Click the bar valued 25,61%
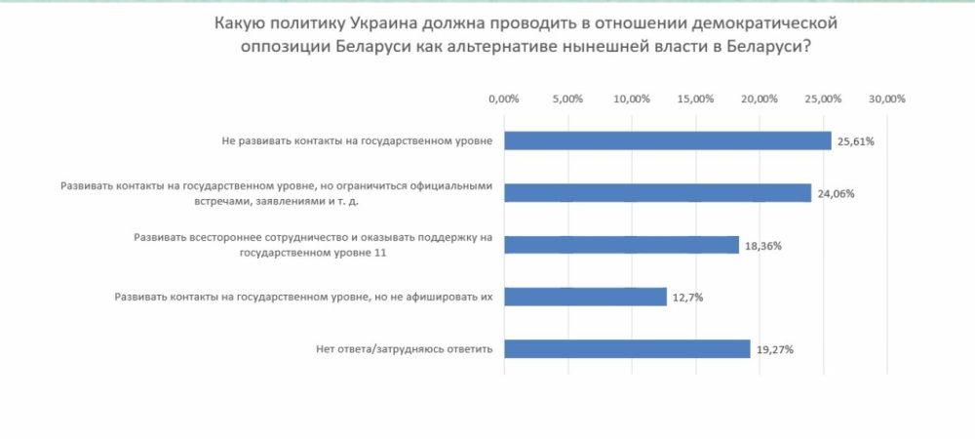[x=667, y=140]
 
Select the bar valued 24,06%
[x=657, y=192]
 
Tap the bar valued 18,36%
[x=621, y=245]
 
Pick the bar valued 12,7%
[x=585, y=297]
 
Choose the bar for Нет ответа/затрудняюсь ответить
[x=627, y=348]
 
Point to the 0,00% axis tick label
[x=503, y=100]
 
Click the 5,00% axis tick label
[x=567, y=100]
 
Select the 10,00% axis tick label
[x=632, y=100]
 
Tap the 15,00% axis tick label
[x=696, y=100]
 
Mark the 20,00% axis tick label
[x=760, y=100]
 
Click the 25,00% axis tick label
[x=824, y=100]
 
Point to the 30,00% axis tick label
[x=887, y=100]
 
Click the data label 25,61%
[x=856, y=141]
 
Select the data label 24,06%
[x=836, y=193]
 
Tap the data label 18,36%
[x=763, y=246]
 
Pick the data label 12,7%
[x=686, y=298]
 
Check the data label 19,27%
[x=774, y=349]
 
